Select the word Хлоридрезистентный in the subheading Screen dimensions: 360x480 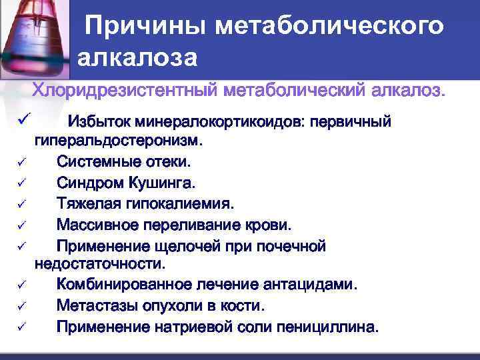pyautogui.click(x=125, y=90)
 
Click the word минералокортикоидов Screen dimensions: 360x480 pyautogui.click(x=215, y=122)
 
